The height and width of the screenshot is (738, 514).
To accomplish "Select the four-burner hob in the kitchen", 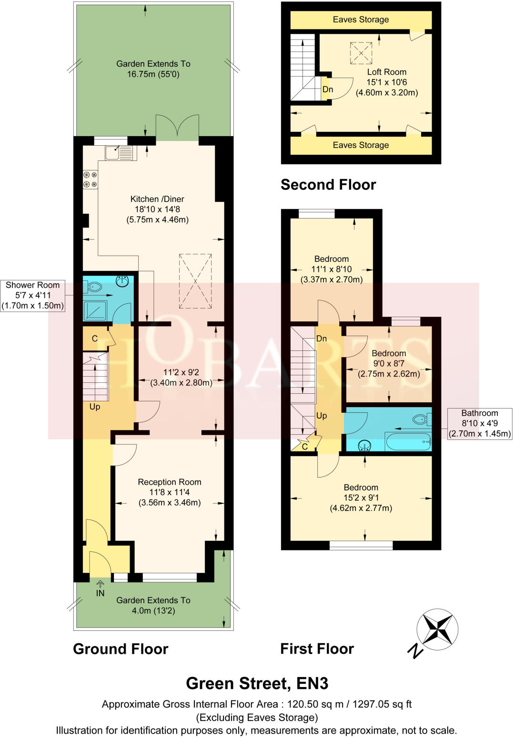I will pyautogui.click(x=90, y=180).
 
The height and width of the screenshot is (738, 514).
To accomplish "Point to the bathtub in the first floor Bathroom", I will pyautogui.click(x=408, y=442).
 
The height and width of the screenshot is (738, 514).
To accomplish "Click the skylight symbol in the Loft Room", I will pyautogui.click(x=361, y=53).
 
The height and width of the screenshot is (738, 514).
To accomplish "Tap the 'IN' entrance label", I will pyautogui.click(x=100, y=593).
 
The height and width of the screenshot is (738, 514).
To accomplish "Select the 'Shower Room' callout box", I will pyautogui.click(x=32, y=295).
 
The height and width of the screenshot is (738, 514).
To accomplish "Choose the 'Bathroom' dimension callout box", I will pyautogui.click(x=479, y=423).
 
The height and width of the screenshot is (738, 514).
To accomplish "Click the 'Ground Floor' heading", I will pyautogui.click(x=121, y=649).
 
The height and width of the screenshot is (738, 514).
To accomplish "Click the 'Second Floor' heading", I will pyautogui.click(x=328, y=185).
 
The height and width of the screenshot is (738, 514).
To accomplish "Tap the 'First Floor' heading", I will pyautogui.click(x=317, y=648).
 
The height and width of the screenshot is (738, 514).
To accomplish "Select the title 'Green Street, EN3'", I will pyautogui.click(x=257, y=683).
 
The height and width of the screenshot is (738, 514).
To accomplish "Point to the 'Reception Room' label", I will pyautogui.click(x=170, y=482).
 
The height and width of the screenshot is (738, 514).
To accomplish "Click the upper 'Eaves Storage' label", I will pyautogui.click(x=361, y=20).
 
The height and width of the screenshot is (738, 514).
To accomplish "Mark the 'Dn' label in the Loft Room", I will pyautogui.click(x=328, y=90).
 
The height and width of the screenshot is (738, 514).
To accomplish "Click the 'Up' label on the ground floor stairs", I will pyautogui.click(x=95, y=407).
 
